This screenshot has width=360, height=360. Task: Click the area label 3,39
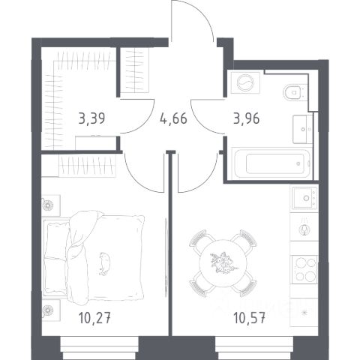91,118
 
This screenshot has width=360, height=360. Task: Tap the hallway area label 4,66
173,118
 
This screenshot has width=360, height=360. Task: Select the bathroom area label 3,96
247,118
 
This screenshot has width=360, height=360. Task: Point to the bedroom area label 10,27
94,318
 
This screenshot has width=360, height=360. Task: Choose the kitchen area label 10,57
249,318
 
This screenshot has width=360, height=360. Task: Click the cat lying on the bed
105,264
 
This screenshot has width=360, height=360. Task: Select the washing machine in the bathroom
245,82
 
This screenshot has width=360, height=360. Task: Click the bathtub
272,163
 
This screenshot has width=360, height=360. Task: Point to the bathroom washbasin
302,129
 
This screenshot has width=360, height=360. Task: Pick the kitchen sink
304,198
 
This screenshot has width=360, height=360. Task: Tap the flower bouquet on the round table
223,263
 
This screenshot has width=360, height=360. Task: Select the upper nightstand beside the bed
51,205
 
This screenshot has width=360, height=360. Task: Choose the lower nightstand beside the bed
51,310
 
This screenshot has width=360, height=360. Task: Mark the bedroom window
99,348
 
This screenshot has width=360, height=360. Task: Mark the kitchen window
254,348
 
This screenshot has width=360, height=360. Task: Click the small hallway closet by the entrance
135,70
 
